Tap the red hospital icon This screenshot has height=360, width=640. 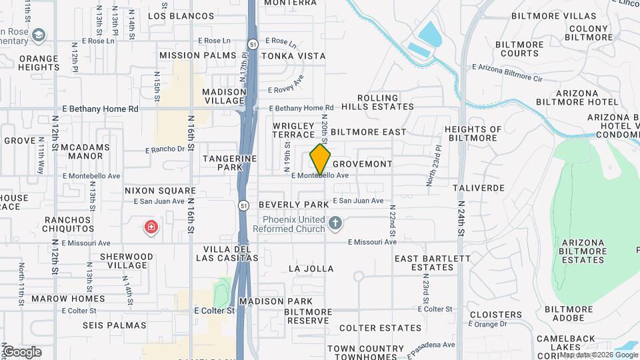pos(152,228)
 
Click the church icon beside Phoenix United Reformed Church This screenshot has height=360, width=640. pos(336,224)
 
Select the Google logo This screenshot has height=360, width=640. pos(21,352)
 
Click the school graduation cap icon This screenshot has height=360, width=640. pos(39,33)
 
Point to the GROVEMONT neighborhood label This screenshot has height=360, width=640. pos(362,163)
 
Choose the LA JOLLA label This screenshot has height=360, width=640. pos(310,269)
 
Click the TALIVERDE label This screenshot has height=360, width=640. pos(478,189)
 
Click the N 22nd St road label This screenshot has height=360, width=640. pos(393,220)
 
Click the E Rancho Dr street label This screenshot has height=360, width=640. pos(164,149)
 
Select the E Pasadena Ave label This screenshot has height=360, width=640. pos(430,345)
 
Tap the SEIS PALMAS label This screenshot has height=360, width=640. pos(114,325)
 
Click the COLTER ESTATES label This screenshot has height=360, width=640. pos(380,328)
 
